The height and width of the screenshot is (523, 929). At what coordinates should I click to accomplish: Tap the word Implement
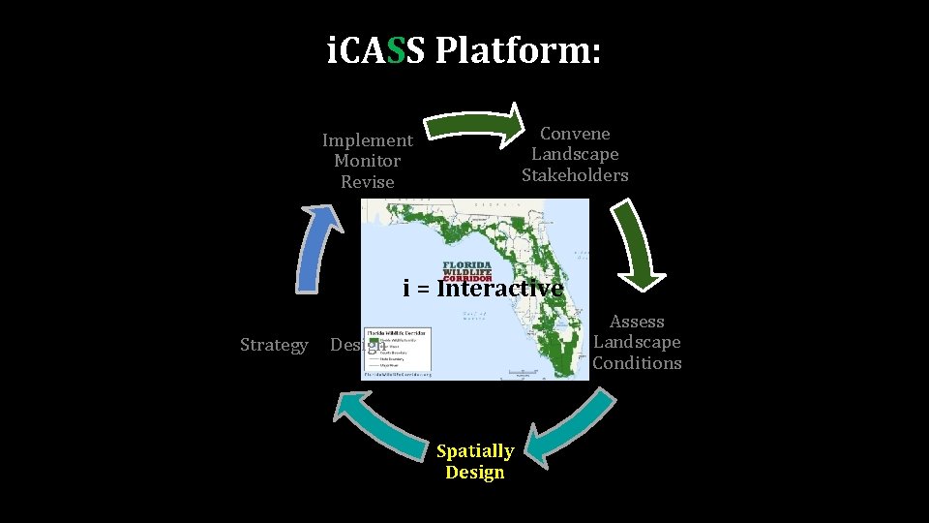tap(367, 140)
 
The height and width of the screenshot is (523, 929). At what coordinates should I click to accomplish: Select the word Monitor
tap(367, 161)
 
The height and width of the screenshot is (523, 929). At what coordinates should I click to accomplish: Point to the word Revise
tap(367, 182)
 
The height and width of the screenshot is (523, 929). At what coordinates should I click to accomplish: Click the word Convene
tap(575, 134)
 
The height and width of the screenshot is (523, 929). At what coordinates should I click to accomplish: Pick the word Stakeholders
tap(575, 175)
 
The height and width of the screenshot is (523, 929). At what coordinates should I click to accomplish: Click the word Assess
tap(637, 322)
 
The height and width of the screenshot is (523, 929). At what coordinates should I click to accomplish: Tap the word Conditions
tap(637, 363)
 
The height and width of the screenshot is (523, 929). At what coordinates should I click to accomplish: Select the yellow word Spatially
tap(474, 451)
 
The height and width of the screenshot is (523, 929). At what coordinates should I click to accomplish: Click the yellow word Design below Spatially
tap(474, 473)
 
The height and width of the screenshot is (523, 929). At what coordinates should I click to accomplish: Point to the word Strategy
tap(274, 345)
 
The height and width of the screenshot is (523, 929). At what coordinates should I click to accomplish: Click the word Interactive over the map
tap(499, 289)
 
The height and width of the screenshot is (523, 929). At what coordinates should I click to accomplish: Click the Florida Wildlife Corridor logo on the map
tap(467, 271)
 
